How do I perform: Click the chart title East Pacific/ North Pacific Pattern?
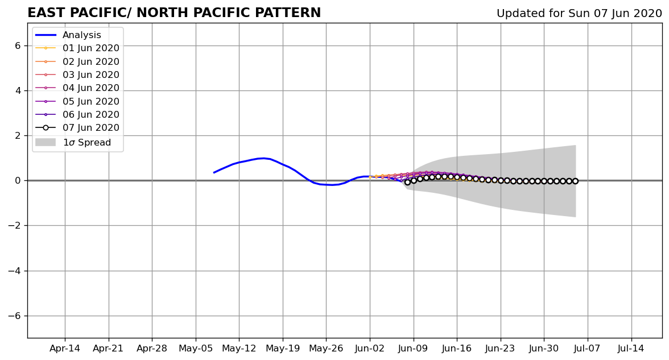pyautogui.click(x=174, y=13)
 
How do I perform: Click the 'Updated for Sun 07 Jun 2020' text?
pyautogui.click(x=579, y=13)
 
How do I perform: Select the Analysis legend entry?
pyautogui.click(x=68, y=35)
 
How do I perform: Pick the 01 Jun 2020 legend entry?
pyautogui.click(x=77, y=48)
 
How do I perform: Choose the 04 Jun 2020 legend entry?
pyautogui.click(x=77, y=88)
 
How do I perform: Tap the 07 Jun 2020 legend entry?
pyautogui.click(x=77, y=127)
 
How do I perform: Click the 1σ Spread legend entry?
pyautogui.click(x=73, y=142)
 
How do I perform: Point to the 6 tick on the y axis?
pyautogui.click(x=18, y=45)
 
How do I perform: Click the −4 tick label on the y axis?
pyautogui.click(x=15, y=271)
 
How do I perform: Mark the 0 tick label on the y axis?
pyautogui.click(x=18, y=180)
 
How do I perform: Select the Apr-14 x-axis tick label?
pyautogui.click(x=65, y=349)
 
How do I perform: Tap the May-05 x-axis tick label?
pyautogui.click(x=196, y=349)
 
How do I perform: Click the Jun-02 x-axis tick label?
pyautogui.click(x=370, y=349)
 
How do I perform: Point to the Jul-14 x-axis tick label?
pyautogui.click(x=631, y=349)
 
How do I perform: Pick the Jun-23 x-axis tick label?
pyautogui.click(x=501, y=349)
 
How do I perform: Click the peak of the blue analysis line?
pyautogui.click(x=263, y=158)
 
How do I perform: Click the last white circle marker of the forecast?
pyautogui.click(x=575, y=181)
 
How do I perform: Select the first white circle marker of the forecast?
pyautogui.click(x=407, y=182)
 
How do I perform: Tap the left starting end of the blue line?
pyautogui.click(x=214, y=172)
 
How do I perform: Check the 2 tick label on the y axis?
pyautogui.click(x=18, y=135)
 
